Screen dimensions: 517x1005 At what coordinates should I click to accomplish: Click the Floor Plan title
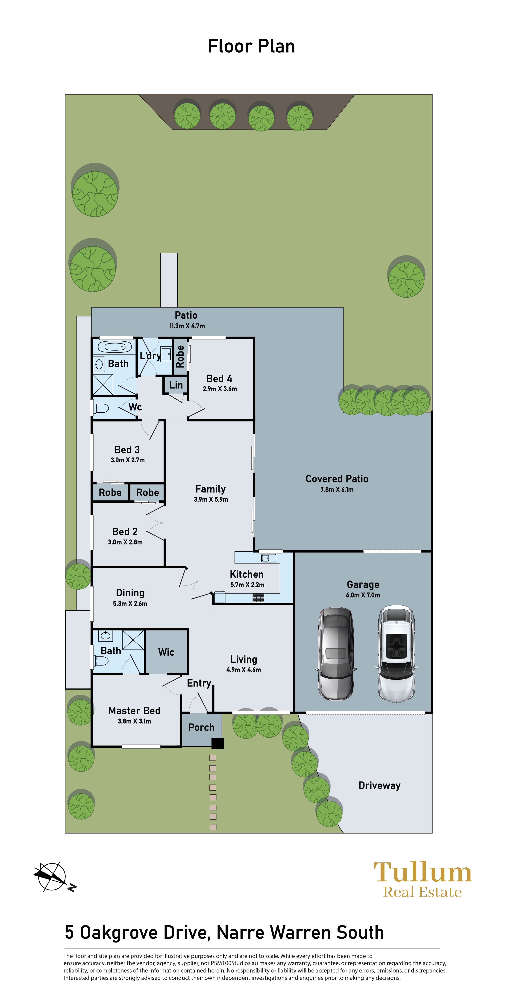[x=252, y=46]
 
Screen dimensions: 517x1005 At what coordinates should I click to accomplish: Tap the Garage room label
[x=363, y=584]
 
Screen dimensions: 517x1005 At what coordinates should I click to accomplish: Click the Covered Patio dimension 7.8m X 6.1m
[x=337, y=490]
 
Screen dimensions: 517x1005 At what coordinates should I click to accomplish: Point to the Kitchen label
[x=247, y=574]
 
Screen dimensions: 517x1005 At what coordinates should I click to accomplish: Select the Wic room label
[x=166, y=652]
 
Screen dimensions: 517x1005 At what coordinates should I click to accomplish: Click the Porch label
[x=202, y=727]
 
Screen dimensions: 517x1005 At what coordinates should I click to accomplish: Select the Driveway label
[x=379, y=785]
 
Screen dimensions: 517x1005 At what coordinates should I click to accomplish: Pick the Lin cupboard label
[x=176, y=385]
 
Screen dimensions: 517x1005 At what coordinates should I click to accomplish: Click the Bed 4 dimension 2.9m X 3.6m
[x=220, y=389]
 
